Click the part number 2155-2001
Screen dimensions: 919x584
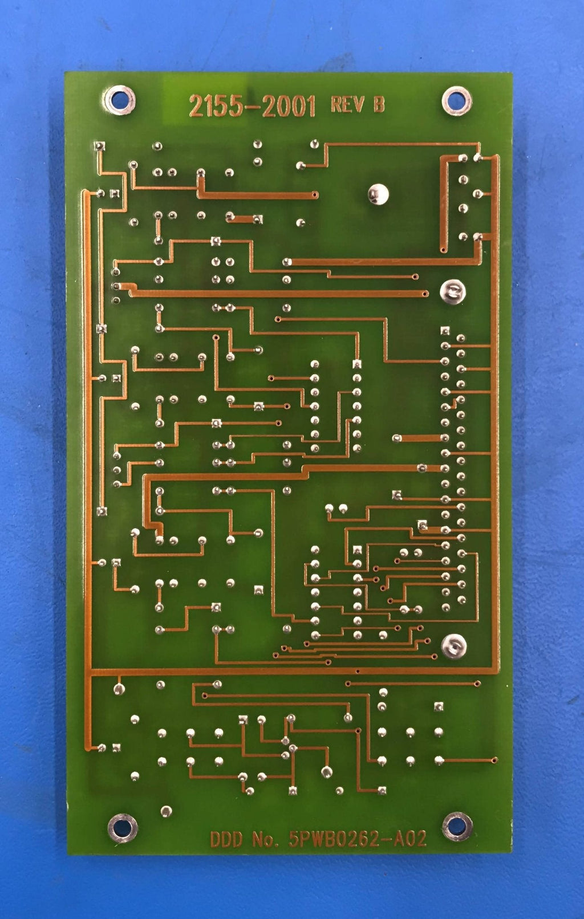[252, 106]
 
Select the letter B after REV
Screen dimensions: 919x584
[379, 104]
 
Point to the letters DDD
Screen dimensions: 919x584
[226, 839]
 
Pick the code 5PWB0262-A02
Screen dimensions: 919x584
[358, 839]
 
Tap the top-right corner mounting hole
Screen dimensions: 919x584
[457, 100]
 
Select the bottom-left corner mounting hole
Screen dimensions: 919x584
[122, 827]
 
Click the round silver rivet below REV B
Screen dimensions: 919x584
[378, 194]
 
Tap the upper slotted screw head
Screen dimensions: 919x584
[453, 292]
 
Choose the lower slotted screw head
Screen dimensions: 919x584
[454, 645]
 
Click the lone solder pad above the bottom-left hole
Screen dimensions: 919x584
[166, 811]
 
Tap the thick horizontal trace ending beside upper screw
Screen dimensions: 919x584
[279, 294]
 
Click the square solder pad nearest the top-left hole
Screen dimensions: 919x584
[100, 147]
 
